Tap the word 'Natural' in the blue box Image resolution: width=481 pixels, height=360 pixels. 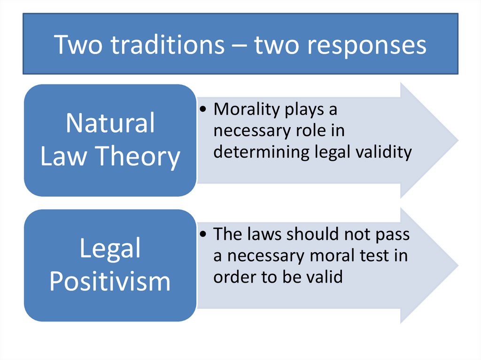coord(110,123)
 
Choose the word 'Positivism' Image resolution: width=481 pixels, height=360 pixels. coord(110,281)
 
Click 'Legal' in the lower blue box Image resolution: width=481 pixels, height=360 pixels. coord(110,248)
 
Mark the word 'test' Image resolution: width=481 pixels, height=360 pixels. coord(380,256)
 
